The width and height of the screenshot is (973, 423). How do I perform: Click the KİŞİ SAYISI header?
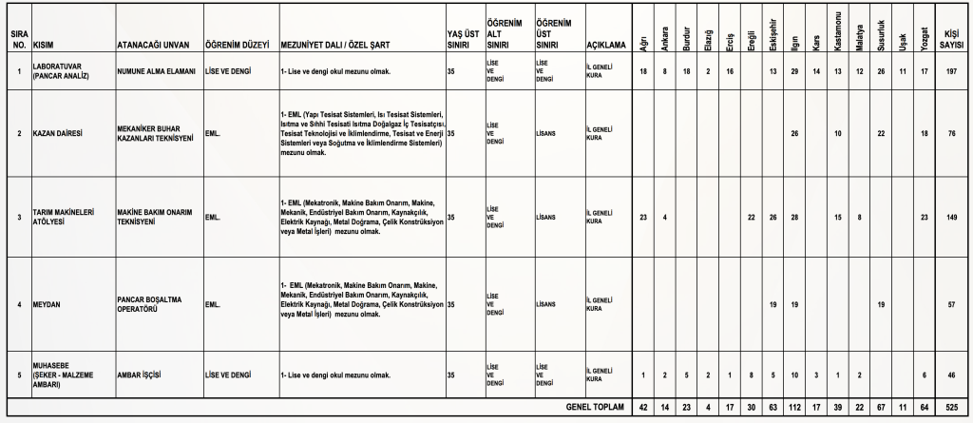[x=946, y=41]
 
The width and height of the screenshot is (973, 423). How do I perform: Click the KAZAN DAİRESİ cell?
[x=58, y=133]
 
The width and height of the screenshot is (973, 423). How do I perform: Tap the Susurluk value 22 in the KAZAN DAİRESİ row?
[x=881, y=133]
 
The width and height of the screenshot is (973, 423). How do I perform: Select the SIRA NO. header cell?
[x=15, y=40]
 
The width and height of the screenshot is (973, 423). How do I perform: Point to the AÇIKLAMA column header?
[x=606, y=45]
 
